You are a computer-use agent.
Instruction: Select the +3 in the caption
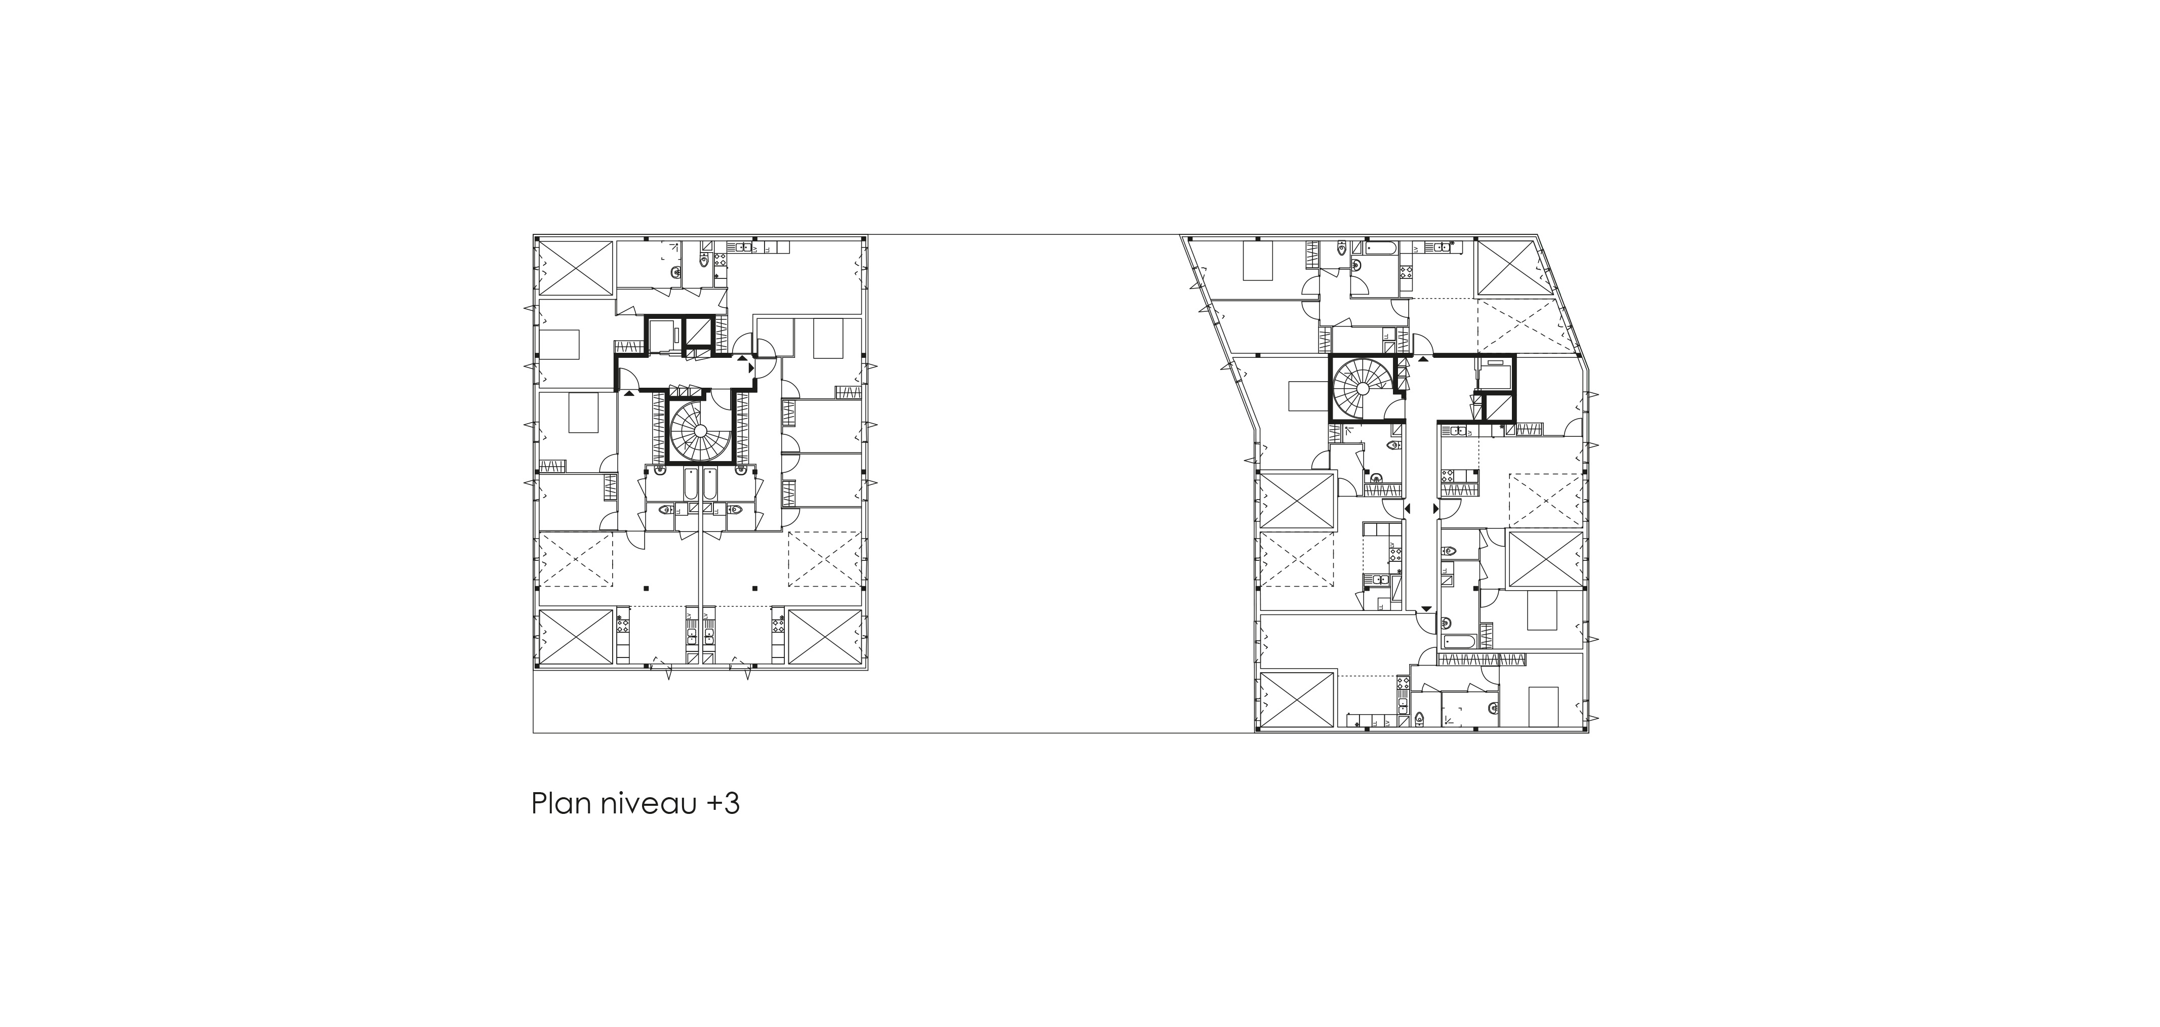(723, 804)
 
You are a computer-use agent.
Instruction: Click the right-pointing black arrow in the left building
(751, 367)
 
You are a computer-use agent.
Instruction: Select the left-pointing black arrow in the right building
(1409, 508)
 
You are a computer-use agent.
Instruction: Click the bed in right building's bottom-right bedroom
(1544, 706)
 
